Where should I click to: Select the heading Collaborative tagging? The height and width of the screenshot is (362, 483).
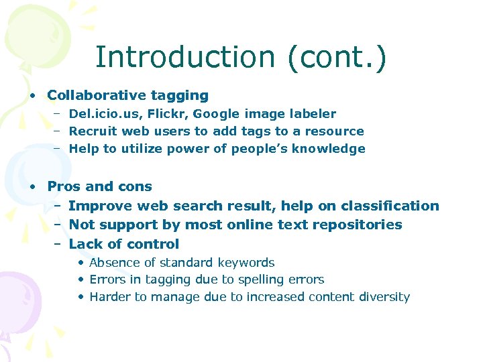[128, 96]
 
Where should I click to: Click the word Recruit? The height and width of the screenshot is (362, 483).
[94, 131]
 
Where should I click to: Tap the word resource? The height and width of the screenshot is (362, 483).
[333, 131]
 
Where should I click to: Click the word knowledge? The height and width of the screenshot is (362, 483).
[331, 149]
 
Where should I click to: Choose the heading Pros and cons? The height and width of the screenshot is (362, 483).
[100, 186]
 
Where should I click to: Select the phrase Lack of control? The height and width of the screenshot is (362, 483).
[124, 244]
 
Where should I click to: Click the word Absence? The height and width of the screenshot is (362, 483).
[113, 263]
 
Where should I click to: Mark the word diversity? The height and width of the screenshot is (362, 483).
[383, 297]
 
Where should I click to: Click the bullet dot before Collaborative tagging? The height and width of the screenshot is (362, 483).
[32, 97]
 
